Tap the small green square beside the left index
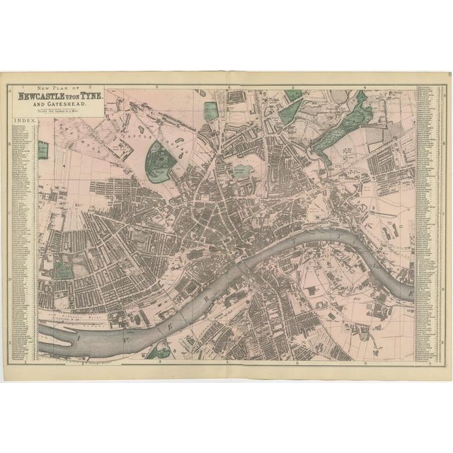pyautogui.click(x=42, y=151)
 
